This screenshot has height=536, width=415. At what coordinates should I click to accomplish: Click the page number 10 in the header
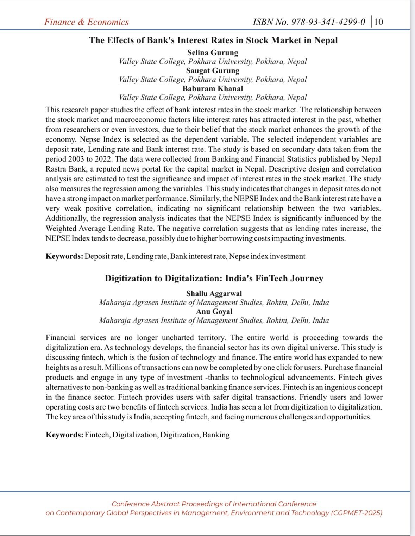pyautogui.click(x=378, y=22)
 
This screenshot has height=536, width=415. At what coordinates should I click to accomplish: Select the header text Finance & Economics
pyautogui.click(x=86, y=22)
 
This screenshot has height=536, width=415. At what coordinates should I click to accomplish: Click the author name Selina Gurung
pyautogui.click(x=213, y=52)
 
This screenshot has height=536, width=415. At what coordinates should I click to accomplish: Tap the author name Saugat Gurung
pyautogui.click(x=213, y=70)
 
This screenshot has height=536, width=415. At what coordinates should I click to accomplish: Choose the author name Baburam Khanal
pyautogui.click(x=213, y=88)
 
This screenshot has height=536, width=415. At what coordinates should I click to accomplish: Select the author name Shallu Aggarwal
pyautogui.click(x=214, y=293)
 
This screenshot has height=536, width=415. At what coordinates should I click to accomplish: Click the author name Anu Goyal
pyautogui.click(x=214, y=311)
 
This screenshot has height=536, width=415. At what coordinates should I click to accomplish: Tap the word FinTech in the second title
pyautogui.click(x=271, y=278)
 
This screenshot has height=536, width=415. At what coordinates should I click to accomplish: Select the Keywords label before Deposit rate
pyautogui.click(x=64, y=256)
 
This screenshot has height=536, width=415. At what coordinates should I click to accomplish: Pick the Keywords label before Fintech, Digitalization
pyautogui.click(x=64, y=435)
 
